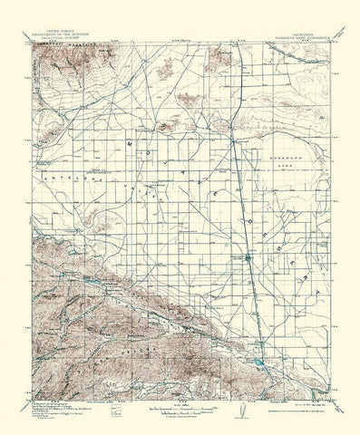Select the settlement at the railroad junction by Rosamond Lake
234,141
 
